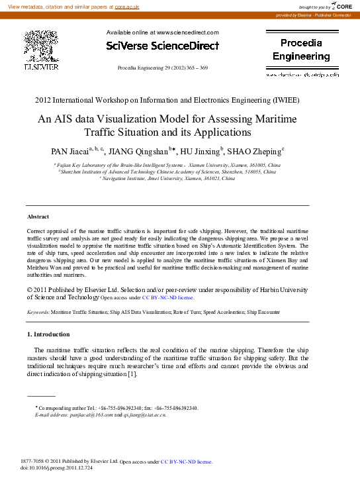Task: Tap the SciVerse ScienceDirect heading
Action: tap(162, 46)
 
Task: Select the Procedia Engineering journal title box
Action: tap(301, 49)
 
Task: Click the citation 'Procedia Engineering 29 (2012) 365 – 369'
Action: tap(162, 68)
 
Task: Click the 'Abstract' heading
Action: tap(38, 217)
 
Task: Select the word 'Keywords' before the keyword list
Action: tap(37, 311)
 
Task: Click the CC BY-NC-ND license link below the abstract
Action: tap(168, 298)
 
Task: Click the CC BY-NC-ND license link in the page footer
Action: tap(186, 461)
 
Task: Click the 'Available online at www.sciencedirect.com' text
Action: tap(162, 32)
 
